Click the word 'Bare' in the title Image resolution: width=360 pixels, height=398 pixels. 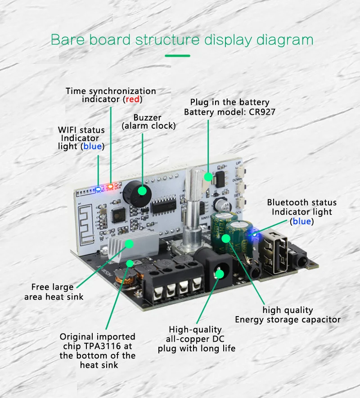(67, 40)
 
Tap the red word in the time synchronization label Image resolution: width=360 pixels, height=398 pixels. (132, 99)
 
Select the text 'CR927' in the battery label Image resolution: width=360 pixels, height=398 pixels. (262, 112)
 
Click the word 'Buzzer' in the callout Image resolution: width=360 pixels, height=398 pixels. (147, 117)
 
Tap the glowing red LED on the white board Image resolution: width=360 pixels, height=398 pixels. (110, 187)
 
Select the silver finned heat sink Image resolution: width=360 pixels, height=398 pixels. (133, 246)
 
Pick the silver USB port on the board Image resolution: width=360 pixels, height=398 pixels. (276, 251)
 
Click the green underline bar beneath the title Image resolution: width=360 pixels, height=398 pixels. (177, 56)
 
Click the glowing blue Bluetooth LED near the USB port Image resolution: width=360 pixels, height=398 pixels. (255, 233)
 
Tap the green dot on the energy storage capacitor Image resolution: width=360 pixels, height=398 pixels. (225, 238)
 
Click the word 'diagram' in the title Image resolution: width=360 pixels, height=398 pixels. (285, 40)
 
